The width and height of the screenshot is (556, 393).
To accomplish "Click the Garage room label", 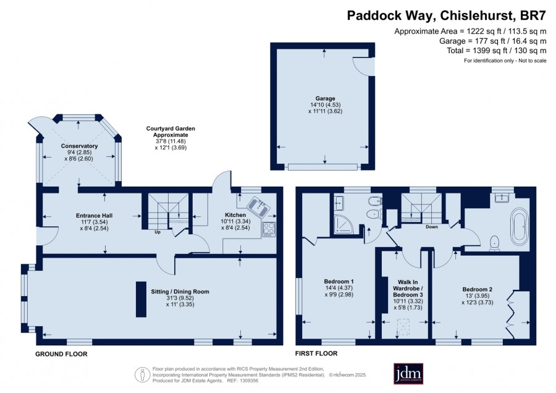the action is click(325, 98).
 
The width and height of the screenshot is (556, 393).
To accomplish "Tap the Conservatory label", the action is click(79, 146).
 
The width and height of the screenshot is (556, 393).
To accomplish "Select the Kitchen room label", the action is click(235, 215).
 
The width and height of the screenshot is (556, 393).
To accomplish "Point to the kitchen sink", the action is click(259, 206).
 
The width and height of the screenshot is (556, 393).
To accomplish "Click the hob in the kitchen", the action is click(269, 229).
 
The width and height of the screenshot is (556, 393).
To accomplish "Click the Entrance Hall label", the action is click(95, 215).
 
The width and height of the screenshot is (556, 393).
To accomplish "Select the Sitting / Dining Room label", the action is click(180, 292).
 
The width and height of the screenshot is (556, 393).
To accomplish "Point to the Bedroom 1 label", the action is click(339, 281).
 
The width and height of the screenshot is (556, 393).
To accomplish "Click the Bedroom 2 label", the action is click(478, 289).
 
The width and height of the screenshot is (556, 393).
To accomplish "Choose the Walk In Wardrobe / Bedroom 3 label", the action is click(408, 289).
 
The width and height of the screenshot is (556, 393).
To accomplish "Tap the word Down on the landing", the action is click(432, 227).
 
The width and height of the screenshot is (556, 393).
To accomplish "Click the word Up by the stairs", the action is click(158, 232).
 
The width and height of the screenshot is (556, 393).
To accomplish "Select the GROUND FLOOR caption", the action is click(61, 354).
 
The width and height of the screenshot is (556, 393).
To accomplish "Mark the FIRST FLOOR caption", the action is click(316, 353).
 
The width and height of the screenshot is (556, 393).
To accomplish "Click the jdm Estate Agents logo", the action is click(408, 373).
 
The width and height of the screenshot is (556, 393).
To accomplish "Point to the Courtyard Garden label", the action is click(171, 132).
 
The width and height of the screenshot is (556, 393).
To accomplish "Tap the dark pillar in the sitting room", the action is click(141, 299).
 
